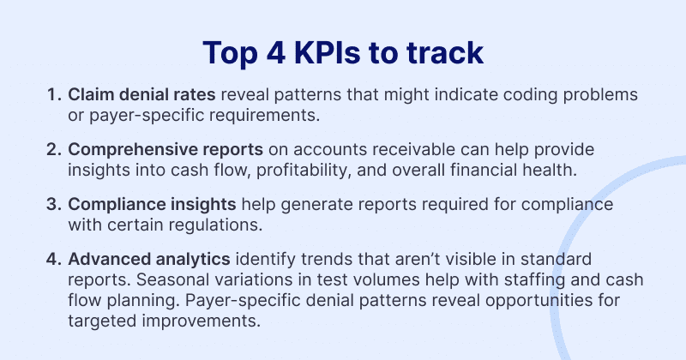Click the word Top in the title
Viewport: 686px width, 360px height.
230,53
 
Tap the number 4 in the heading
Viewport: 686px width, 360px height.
276,52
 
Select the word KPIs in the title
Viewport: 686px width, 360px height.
328,52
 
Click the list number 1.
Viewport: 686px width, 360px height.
53,94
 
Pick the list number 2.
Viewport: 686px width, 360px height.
53,150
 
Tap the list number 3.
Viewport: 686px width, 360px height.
53,204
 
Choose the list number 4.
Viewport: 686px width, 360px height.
53,259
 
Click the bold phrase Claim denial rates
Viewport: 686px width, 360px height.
141,94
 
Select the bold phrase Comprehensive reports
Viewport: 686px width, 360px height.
165,150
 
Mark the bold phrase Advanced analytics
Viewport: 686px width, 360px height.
149,260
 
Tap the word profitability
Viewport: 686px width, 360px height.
304,171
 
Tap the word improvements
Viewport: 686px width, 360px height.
201,321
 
